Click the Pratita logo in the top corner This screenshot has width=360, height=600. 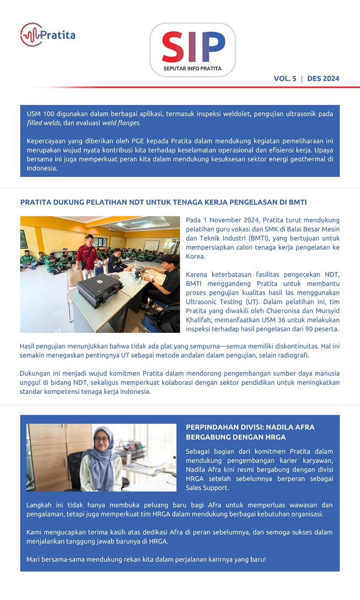47,35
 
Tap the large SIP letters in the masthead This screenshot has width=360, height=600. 193,47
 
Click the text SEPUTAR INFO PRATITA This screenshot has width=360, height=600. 193,69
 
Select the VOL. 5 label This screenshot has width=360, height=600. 285,78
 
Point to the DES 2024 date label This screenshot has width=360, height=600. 323,78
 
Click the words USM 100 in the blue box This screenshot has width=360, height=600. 41,114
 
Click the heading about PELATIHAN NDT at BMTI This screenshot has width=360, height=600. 163,202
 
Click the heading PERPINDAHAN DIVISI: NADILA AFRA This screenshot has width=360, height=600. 250,427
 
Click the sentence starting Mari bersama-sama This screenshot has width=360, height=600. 146,559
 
